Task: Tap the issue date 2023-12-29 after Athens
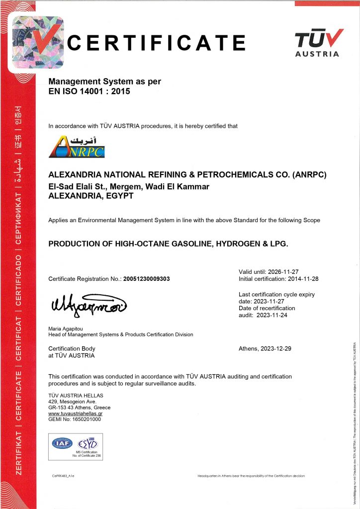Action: pos(275,348)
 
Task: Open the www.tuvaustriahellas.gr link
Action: pos(75,413)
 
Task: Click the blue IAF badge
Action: pos(62,443)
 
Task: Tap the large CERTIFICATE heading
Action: pos(156,43)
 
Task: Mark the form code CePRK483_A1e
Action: pos(63,476)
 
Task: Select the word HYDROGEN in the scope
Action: pos(231,244)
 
